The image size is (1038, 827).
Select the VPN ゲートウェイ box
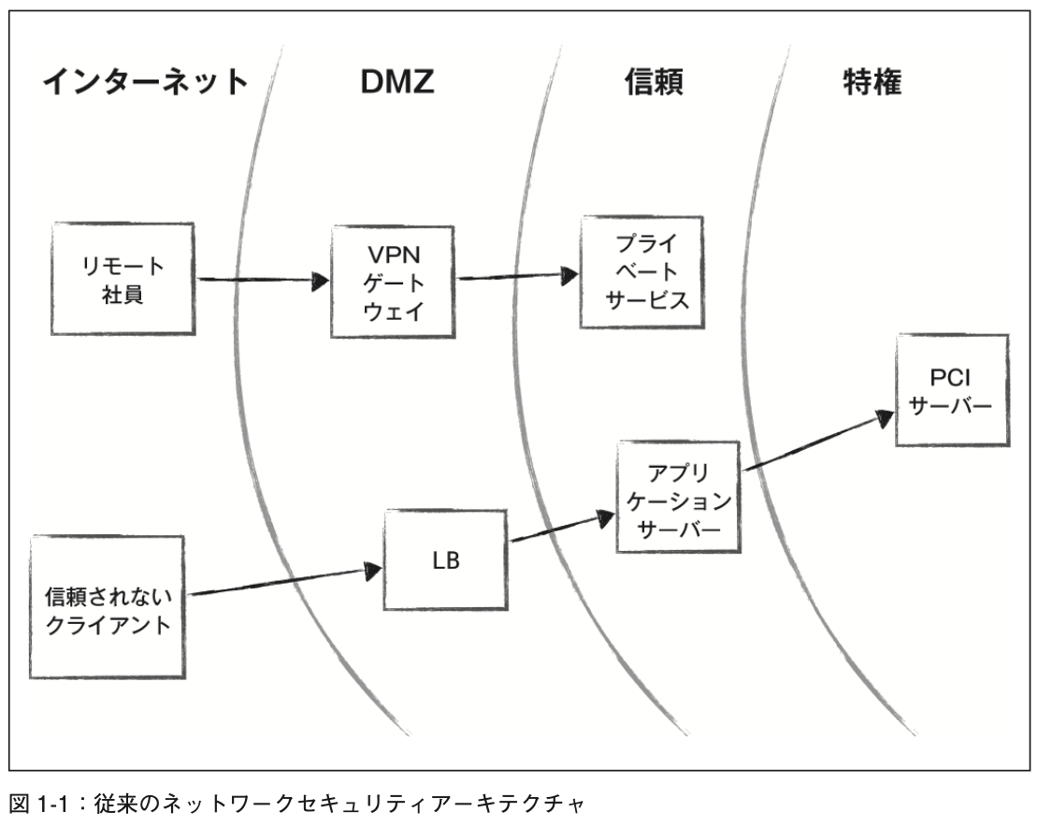394,282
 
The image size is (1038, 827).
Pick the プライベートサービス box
640,272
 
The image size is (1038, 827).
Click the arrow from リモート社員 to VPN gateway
265,280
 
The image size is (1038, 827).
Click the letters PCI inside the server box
952,376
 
